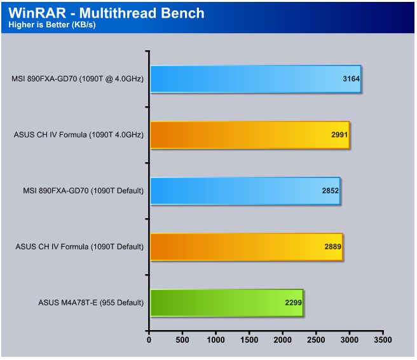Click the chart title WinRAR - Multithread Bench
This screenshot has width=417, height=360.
click(106, 13)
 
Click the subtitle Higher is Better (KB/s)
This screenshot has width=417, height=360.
click(52, 24)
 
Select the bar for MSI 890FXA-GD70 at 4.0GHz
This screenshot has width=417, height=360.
click(256, 79)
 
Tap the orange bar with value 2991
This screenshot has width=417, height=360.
click(250, 135)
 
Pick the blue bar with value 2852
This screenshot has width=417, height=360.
click(245, 191)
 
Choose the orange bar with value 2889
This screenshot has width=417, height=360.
click(247, 247)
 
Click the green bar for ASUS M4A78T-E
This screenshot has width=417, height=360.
click(227, 303)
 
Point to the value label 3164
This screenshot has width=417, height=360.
click(351, 79)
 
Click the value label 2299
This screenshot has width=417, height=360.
click(293, 303)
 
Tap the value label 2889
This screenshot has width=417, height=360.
click(332, 247)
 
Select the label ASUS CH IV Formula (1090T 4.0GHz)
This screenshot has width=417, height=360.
click(79, 135)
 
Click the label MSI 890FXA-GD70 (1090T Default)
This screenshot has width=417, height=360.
click(83, 191)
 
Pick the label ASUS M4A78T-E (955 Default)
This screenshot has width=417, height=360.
click(91, 303)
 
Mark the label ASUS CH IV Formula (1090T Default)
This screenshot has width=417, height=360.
click(79, 247)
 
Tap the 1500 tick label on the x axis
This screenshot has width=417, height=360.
click(249, 340)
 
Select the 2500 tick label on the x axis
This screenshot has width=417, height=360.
click(316, 340)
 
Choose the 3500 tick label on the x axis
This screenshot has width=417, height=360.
click(383, 340)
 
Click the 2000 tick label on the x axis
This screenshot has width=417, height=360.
click(283, 340)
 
